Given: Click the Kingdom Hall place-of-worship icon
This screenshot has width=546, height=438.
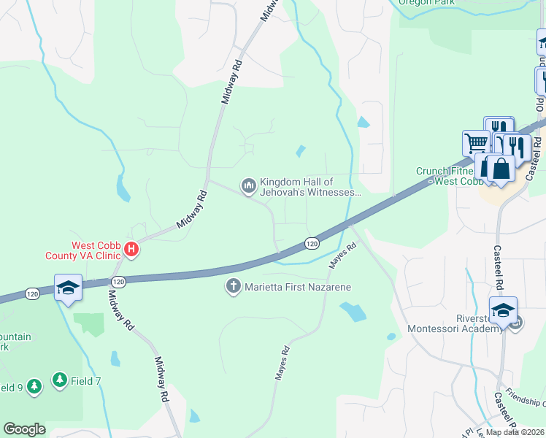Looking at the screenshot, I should point(249,187).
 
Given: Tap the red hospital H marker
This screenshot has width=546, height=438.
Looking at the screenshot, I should point(131,250).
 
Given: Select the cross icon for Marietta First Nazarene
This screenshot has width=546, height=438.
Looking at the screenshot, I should point(234,287).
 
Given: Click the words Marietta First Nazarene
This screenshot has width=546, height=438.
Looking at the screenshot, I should point(298,287).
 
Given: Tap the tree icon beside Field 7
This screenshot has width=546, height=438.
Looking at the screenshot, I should point(59,380).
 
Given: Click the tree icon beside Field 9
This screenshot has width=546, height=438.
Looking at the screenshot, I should point(34,387).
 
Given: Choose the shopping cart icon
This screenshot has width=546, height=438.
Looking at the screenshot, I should point(476,142).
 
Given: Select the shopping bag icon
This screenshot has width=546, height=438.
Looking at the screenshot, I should point(502,168).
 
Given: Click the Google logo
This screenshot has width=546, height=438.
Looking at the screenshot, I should point(24,429).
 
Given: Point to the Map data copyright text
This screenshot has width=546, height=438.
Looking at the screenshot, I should point(515,432).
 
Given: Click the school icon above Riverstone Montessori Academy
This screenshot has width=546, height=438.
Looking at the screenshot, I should point(503,310).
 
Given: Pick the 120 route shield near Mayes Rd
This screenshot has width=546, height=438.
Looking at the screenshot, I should point(312,242).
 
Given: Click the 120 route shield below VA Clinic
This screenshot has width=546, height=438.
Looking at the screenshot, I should point(119,281).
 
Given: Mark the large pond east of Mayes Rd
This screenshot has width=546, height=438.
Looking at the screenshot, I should point(353,312).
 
